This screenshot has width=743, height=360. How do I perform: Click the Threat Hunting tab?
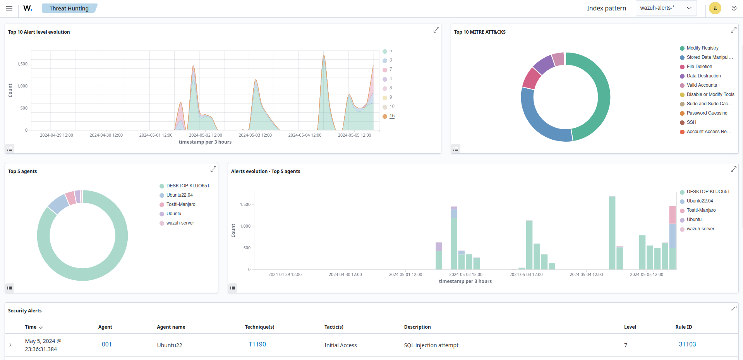click(x=69, y=8)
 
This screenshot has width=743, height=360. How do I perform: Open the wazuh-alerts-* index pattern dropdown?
click(x=666, y=8)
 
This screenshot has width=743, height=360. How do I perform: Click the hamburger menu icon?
click(x=9, y=8)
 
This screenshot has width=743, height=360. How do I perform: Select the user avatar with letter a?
click(x=715, y=8)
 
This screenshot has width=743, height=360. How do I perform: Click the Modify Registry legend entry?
click(x=702, y=48)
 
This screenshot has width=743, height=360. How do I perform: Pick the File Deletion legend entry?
click(x=699, y=67)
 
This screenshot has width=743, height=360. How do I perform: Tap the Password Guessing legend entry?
click(x=707, y=113)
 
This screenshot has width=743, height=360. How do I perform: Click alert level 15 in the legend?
click(x=392, y=116)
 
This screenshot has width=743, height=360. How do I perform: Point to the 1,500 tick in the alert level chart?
click(x=22, y=64)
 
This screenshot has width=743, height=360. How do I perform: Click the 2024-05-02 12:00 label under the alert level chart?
click(x=205, y=135)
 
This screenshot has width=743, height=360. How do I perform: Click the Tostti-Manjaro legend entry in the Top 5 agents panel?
click(x=180, y=204)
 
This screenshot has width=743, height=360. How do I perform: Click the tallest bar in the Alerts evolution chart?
click(x=612, y=232)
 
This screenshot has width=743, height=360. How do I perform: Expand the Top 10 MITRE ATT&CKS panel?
click(x=733, y=30)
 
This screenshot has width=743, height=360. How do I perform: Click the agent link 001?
click(x=106, y=344)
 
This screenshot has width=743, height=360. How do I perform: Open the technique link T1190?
click(x=257, y=344)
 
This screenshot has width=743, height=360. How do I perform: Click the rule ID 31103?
click(x=687, y=344)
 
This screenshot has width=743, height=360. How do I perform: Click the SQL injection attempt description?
click(x=431, y=345)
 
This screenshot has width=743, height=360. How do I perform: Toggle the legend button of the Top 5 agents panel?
click(x=10, y=288)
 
